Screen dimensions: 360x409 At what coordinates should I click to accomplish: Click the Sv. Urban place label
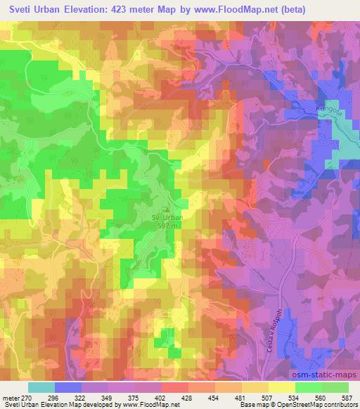(167, 218)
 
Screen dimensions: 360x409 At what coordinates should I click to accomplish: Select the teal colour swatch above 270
(41, 387)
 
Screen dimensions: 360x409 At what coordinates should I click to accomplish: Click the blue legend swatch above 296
(69, 387)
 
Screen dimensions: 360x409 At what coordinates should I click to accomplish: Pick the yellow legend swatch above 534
(281, 387)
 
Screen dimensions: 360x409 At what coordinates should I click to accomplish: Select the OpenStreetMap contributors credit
(321, 405)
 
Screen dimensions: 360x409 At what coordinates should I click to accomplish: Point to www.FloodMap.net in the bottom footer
(151, 405)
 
